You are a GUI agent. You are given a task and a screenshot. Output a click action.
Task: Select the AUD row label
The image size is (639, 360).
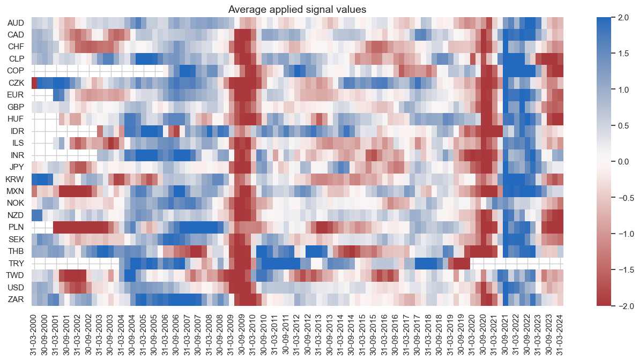click(16, 23)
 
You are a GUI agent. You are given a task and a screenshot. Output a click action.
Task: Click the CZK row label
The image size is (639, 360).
click(16, 82)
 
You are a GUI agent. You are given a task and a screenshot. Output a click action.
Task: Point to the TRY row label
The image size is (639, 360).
click(16, 263)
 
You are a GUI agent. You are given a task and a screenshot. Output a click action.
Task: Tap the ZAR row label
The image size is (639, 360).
click(16, 299)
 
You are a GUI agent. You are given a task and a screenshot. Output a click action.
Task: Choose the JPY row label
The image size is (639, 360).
click(16, 167)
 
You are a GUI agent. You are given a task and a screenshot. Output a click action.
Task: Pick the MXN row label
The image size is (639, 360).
click(16, 191)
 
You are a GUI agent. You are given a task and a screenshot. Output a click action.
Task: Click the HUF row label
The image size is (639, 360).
click(16, 118)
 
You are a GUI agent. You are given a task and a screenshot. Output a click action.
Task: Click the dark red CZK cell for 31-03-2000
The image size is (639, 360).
click(34, 82)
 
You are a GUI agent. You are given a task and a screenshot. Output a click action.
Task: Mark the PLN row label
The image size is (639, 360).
click(16, 227)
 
